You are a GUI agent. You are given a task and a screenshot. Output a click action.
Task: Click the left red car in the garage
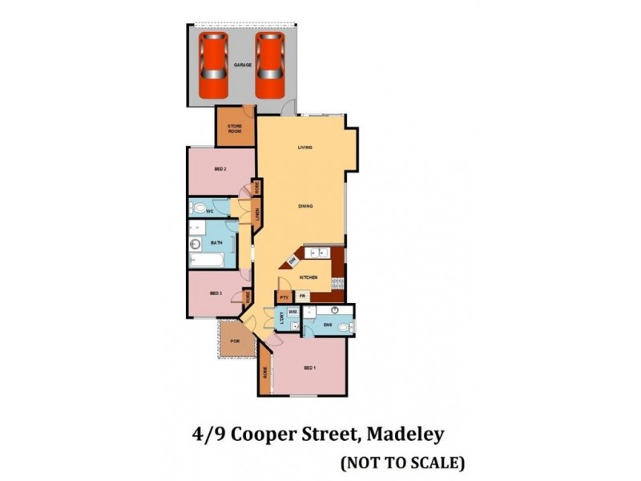213,63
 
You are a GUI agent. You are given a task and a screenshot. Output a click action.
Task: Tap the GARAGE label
243,64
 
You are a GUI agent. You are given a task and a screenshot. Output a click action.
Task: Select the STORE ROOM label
235,128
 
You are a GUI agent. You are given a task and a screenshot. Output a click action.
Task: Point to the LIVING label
304,148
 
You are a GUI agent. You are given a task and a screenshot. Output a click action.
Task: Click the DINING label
304,206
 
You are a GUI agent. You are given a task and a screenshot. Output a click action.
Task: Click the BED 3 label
216,293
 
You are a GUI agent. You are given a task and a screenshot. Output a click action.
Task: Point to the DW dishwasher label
293,261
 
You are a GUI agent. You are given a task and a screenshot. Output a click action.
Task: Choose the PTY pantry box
284,297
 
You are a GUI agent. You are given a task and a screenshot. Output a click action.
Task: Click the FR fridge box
303,297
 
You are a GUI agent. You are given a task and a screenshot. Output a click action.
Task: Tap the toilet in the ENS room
345,327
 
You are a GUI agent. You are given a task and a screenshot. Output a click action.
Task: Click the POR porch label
234,342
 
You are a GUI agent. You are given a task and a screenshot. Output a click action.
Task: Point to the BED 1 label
310,369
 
